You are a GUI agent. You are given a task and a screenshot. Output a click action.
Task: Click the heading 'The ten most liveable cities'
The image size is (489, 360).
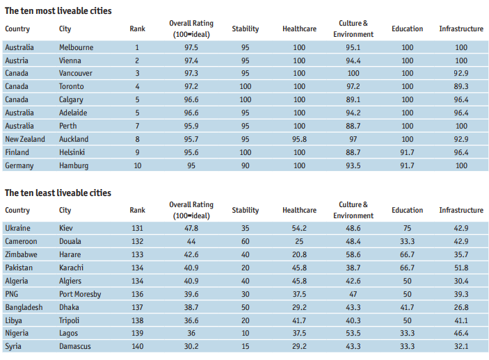(x=58, y=11)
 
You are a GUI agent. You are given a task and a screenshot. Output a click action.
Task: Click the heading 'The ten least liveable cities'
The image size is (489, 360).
(x=58, y=193)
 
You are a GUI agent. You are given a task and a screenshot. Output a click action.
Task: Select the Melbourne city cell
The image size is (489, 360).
(x=77, y=47)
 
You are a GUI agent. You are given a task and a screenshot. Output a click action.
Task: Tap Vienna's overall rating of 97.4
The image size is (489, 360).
(x=191, y=60)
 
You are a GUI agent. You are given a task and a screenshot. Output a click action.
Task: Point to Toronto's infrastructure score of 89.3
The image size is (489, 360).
(x=461, y=86)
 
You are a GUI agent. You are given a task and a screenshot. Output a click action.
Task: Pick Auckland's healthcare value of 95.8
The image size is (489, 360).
(x=299, y=139)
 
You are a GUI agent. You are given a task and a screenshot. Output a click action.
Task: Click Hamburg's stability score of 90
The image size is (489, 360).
(x=245, y=165)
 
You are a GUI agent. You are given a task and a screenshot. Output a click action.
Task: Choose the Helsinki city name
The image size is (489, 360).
(x=73, y=152)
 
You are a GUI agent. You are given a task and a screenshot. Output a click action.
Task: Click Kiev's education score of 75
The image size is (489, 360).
(x=407, y=228)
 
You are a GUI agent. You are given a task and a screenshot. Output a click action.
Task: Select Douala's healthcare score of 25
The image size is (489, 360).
(x=299, y=241)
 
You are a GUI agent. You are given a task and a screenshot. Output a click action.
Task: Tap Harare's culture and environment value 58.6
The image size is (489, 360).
(x=353, y=254)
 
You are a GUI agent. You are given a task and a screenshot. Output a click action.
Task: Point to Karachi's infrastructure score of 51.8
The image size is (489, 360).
(x=461, y=268)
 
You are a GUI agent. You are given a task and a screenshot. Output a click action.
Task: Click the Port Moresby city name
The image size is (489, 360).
(x=80, y=294)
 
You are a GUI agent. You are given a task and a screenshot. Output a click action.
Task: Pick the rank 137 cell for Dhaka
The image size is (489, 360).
(x=137, y=307)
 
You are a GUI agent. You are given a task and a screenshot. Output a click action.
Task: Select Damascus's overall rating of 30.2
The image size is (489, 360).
(x=191, y=347)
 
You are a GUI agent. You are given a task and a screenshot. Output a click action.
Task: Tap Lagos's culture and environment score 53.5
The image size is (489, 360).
(x=353, y=334)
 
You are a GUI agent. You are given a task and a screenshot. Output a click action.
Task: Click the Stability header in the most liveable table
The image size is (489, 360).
(x=245, y=28)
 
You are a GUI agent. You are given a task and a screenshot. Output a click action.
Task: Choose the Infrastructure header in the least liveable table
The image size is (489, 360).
(x=461, y=210)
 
